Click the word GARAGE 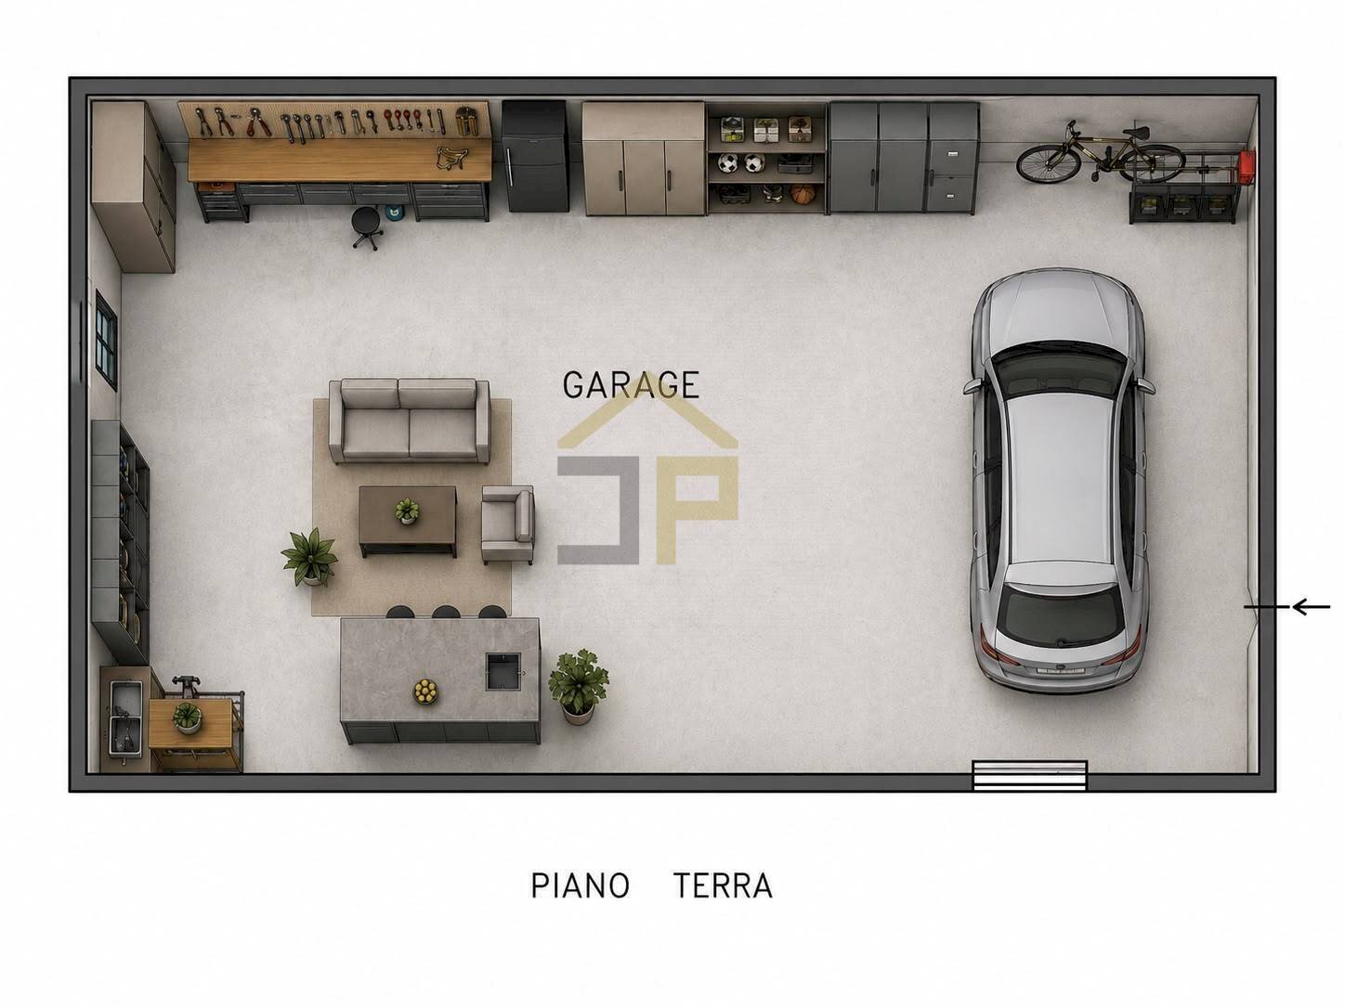[x=631, y=385]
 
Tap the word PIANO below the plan [x=581, y=885]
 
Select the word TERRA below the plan [x=723, y=885]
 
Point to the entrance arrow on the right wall [x=1286, y=607]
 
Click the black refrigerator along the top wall [x=534, y=157]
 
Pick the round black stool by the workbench [x=368, y=226]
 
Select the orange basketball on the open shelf [x=803, y=195]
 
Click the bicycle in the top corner [x=1101, y=153]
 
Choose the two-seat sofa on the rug [x=410, y=421]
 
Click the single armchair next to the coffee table [x=507, y=523]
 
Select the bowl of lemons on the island [x=424, y=691]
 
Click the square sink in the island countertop [x=503, y=671]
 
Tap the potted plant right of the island [x=577, y=686]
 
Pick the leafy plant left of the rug [x=310, y=557]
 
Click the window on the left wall [x=106, y=341]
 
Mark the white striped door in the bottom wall [x=1030, y=775]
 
